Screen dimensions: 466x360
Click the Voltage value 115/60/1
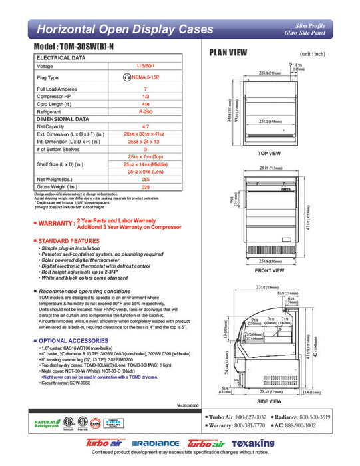click(x=145, y=66)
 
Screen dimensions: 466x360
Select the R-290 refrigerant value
click(x=145, y=111)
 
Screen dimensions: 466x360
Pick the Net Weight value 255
click(x=145, y=179)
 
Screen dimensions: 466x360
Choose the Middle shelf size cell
click(x=145, y=164)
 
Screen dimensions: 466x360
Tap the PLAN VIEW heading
click(x=229, y=53)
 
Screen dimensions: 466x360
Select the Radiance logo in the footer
click(x=156, y=443)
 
